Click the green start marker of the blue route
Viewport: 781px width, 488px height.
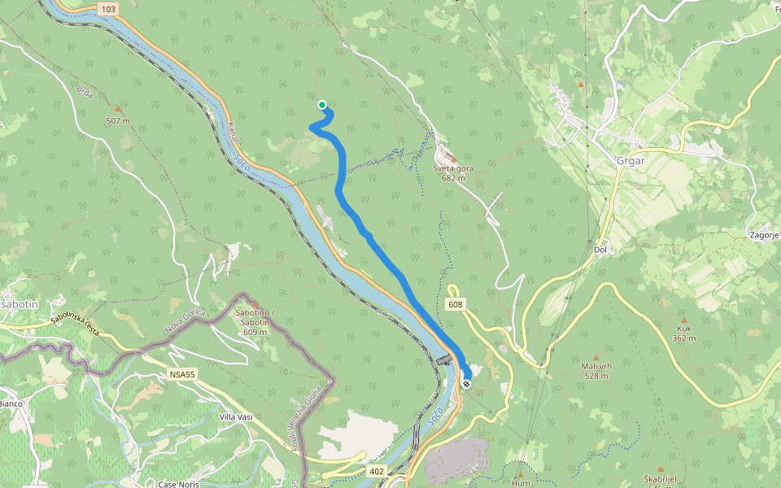click(322, 105)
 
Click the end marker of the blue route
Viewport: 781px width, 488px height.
click(466, 383)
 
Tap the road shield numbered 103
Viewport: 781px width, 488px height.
click(108, 8)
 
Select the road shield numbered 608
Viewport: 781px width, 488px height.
click(455, 304)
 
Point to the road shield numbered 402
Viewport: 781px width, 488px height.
click(376, 471)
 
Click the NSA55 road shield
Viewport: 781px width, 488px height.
click(183, 373)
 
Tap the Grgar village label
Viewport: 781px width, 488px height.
click(630, 160)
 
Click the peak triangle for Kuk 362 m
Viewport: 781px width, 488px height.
click(683, 320)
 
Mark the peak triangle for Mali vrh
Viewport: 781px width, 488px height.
click(596, 358)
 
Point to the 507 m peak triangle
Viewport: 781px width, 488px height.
click(118, 109)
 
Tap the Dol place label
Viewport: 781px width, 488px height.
click(601, 250)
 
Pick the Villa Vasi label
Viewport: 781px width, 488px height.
click(236, 417)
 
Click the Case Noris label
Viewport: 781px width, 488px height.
click(178, 484)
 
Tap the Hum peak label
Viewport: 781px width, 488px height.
click(521, 483)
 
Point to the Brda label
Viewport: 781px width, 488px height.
click(85, 94)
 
